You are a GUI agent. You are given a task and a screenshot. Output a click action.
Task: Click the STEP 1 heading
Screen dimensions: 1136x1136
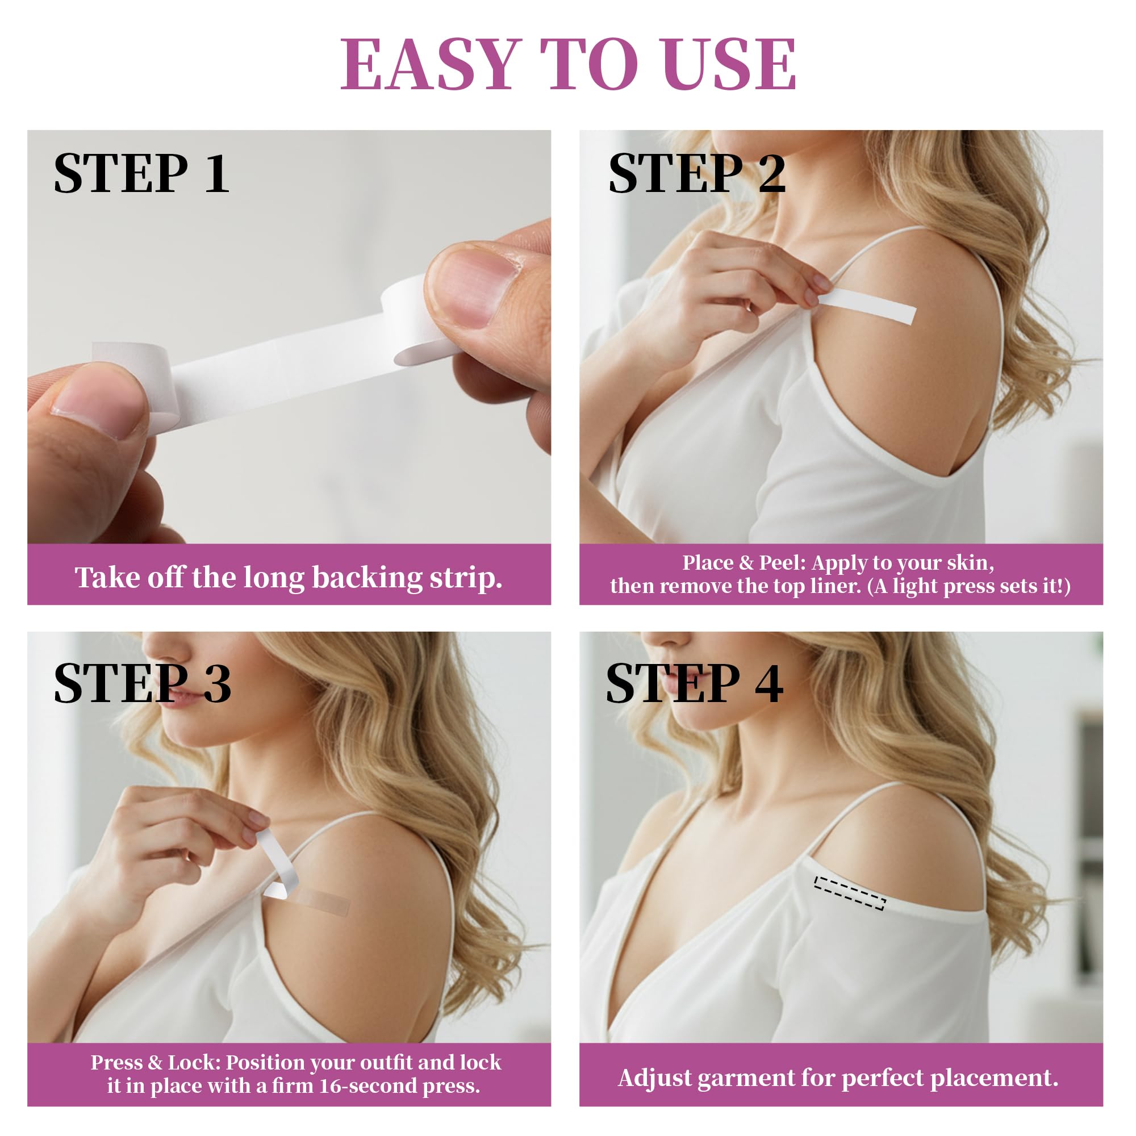pyautogui.click(x=141, y=173)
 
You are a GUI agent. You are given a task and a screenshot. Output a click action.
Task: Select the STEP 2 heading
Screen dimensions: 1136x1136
pyautogui.click(x=697, y=173)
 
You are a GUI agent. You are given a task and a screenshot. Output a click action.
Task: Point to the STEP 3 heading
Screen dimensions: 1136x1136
pyautogui.click(x=143, y=683)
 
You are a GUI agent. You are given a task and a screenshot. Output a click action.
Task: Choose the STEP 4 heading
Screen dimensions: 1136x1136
pyautogui.click(x=695, y=683)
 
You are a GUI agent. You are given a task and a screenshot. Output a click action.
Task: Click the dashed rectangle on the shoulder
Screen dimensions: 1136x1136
pyautogui.click(x=850, y=892)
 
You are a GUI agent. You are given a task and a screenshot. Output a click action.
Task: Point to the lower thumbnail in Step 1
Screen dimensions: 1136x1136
pyautogui.click(x=100, y=403)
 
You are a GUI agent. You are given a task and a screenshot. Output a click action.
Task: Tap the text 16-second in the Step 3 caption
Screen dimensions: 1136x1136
pyautogui.click(x=368, y=1085)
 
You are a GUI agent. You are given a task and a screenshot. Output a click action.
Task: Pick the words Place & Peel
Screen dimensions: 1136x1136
pyautogui.click(x=742, y=563)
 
